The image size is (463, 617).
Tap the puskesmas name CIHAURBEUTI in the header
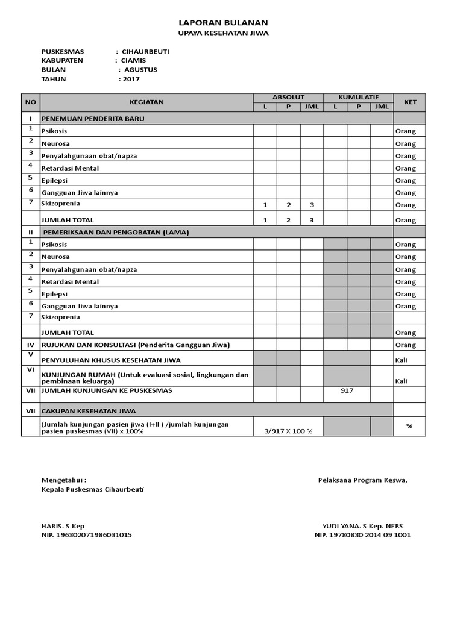coord(145,51)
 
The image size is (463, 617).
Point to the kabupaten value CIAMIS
coord(133,60)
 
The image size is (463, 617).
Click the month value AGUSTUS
coord(140,69)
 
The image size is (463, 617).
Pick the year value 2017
coord(131,79)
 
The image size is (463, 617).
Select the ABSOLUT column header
coord(288,97)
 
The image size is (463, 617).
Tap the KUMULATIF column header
coord(358,97)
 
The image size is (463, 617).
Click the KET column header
coord(410,102)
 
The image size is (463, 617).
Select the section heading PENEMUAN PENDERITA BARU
coord(93,119)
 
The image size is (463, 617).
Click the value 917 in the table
coord(347,390)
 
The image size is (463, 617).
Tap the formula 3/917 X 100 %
coord(288,431)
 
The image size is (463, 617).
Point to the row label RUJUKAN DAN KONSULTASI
coord(136,345)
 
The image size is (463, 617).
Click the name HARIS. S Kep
coord(63,525)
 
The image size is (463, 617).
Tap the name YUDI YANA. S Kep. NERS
coord(362,525)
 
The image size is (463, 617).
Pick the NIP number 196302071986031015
coord(86,535)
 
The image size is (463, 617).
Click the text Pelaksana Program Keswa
coord(362,480)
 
